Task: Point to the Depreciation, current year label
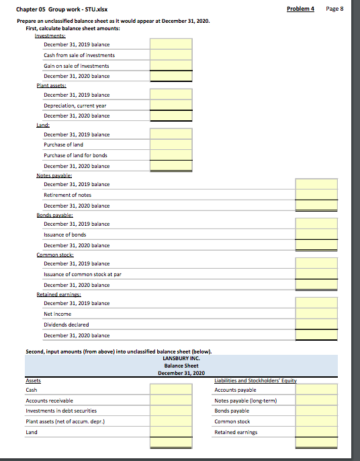point(75,106)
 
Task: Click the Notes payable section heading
point(53,175)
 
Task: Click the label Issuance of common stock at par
point(83,274)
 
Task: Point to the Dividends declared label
point(66,325)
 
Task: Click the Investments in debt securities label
point(61,411)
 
